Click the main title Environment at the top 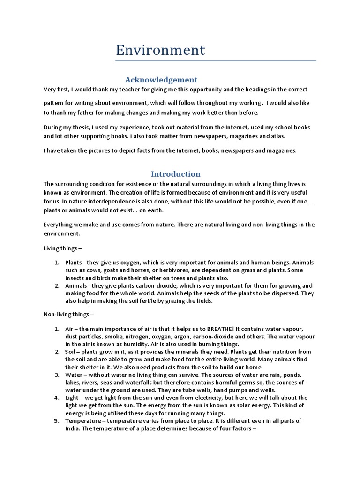[x=160, y=50]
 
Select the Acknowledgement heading [x=161, y=80]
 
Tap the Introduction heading [x=175, y=174]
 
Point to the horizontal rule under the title [x=216, y=61]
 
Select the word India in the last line [x=72, y=428]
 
